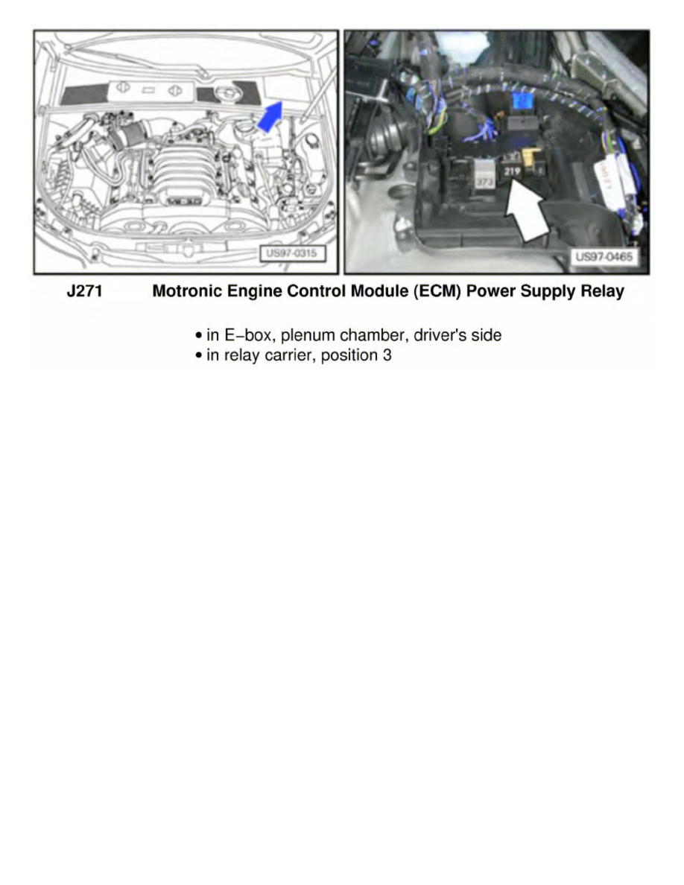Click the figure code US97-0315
tap(291, 254)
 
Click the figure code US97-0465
tap(604, 257)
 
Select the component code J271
tap(84, 292)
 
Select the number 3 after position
tap(387, 355)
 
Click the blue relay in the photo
tap(520, 106)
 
